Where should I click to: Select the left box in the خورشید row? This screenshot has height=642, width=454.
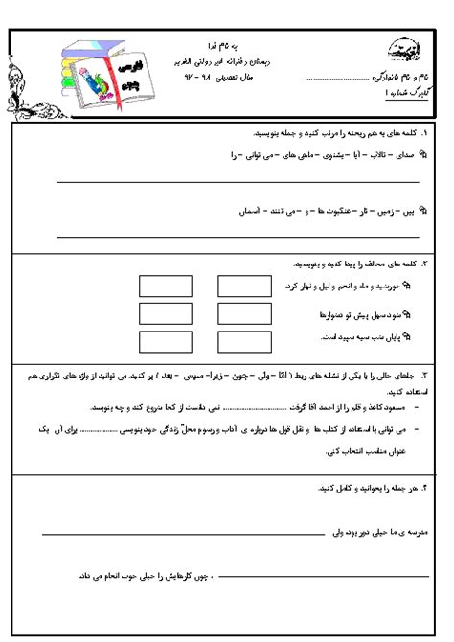coord(159,287)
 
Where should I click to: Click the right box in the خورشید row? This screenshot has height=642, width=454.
coord(237,287)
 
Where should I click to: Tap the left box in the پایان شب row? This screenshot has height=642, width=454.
coord(159,339)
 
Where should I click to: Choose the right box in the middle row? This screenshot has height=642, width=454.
coord(237,313)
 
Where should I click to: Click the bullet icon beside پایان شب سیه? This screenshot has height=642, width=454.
coord(408,336)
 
